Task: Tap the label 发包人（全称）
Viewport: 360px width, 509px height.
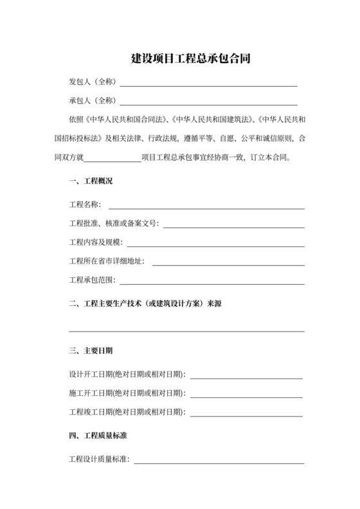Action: tap(92, 83)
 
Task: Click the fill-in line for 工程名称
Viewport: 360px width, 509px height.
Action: tap(206, 208)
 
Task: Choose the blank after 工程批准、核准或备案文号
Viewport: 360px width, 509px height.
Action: tap(233, 226)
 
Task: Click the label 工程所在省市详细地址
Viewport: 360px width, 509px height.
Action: tap(106, 261)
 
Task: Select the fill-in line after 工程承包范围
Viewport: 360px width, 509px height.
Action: tap(212, 282)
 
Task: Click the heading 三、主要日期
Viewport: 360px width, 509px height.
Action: tap(91, 351)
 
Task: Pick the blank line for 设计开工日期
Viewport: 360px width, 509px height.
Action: tap(246, 378)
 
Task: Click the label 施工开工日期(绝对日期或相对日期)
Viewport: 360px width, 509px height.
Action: tap(126, 392)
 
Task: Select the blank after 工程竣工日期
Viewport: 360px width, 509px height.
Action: tap(246, 415)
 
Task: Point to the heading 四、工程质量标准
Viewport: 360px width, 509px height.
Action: tap(98, 436)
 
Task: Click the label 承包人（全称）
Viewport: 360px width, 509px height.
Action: tap(92, 101)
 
